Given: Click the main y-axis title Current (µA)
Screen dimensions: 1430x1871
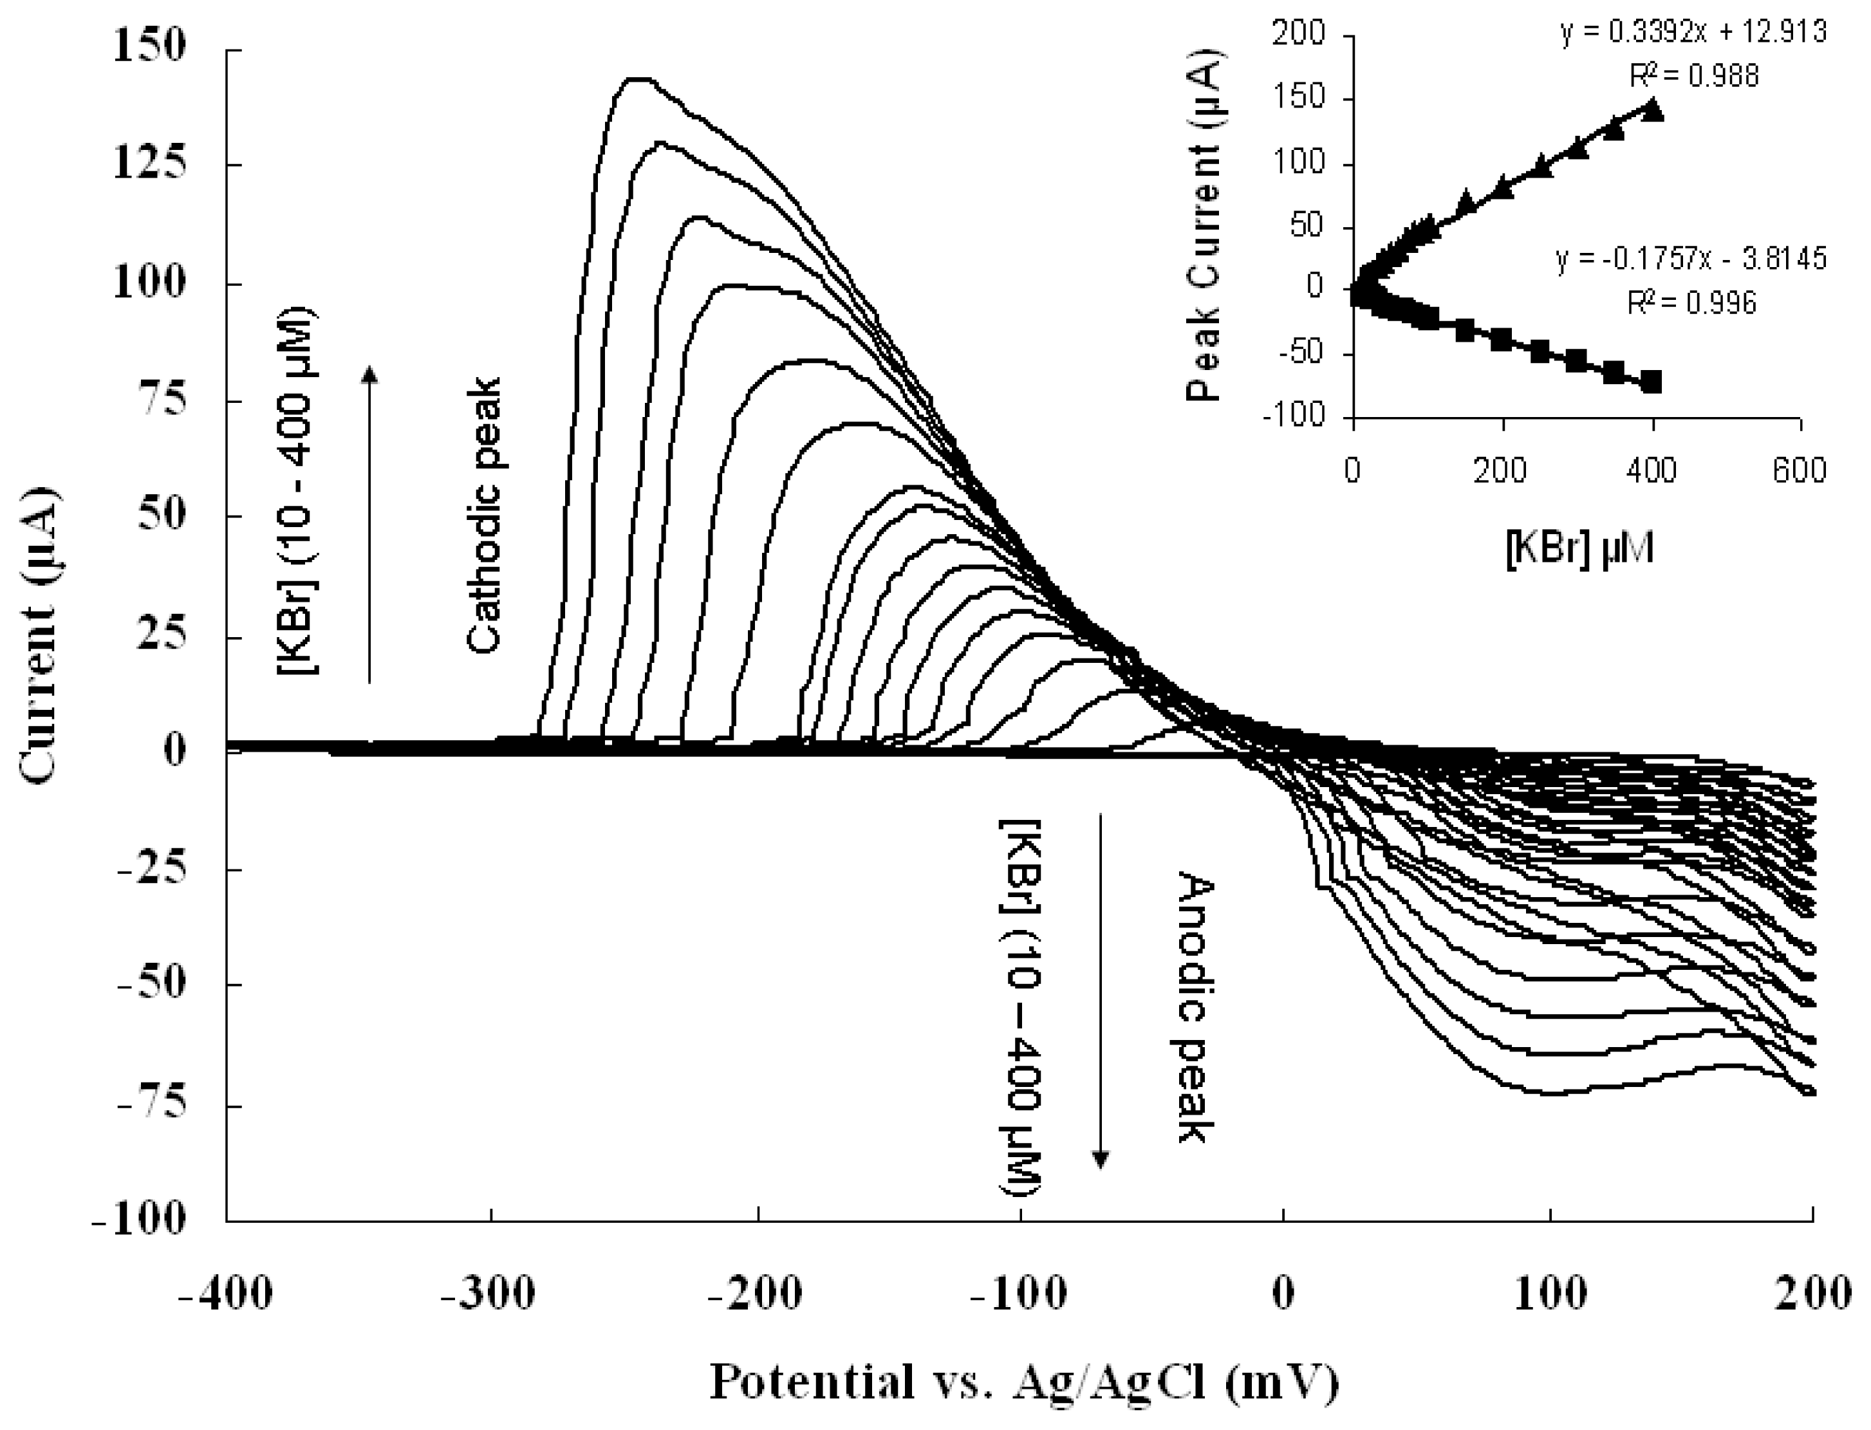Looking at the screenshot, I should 39,634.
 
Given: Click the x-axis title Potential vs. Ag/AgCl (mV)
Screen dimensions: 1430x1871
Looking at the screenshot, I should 1025,1380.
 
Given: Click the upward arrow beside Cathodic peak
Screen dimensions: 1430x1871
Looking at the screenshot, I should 369,523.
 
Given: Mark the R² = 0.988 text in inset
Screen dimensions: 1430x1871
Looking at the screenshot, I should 1694,77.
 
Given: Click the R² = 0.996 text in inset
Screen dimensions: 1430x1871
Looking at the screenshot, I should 1691,302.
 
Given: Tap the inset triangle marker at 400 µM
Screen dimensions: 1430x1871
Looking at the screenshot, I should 1652,110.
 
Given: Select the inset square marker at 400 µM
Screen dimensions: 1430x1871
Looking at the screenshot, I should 1652,382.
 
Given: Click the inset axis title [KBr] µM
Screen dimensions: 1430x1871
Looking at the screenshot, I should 1579,550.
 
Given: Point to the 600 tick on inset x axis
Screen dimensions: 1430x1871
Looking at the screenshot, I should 1800,470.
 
